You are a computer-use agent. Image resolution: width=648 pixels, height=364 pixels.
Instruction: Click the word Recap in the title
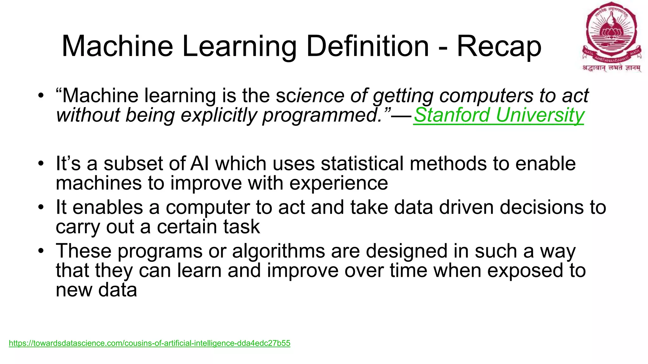pyautogui.click(x=499, y=46)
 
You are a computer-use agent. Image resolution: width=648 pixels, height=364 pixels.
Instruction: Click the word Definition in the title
pyautogui.click(x=367, y=46)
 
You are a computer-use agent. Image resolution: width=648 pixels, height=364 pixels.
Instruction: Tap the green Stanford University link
pyautogui.click(x=499, y=115)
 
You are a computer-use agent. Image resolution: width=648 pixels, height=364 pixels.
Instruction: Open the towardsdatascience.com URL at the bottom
pyautogui.click(x=149, y=343)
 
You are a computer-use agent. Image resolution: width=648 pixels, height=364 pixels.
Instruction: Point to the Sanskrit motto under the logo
pyautogui.click(x=611, y=68)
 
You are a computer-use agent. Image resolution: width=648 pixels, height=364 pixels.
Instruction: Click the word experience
pyautogui.click(x=339, y=184)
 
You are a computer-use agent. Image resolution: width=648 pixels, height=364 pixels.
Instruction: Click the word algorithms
pyautogui.click(x=278, y=252)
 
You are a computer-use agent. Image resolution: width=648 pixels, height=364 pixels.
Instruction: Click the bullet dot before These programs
pyautogui.click(x=40, y=252)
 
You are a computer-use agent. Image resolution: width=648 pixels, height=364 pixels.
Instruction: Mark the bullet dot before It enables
pyautogui.click(x=40, y=208)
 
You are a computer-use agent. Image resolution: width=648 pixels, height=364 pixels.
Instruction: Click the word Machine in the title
pyautogui.click(x=117, y=46)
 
